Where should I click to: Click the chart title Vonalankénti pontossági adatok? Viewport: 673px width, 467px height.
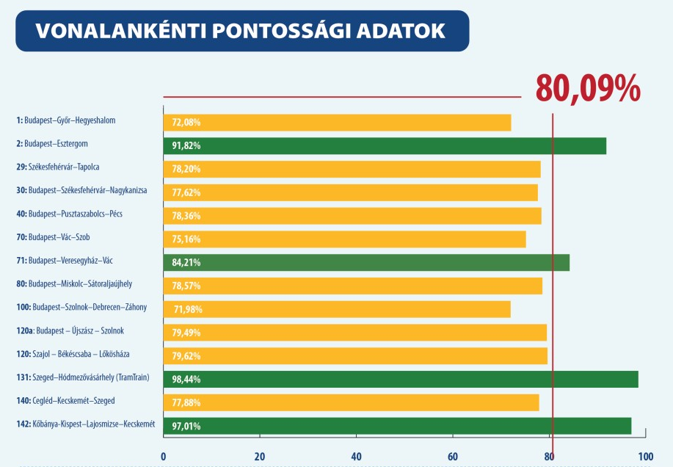[x=239, y=31]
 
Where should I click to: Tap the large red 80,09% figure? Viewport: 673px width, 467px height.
[x=588, y=88]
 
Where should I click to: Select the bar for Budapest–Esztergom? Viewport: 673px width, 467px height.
[x=385, y=145]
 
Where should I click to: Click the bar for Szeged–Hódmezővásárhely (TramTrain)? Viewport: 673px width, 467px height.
[x=400, y=379]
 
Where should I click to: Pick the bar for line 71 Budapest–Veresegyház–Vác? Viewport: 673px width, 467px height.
[x=365, y=262]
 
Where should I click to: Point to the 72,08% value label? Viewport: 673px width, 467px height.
[x=186, y=122]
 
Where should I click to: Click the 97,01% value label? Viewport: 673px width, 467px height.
[x=186, y=426]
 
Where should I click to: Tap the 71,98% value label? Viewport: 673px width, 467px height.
[x=187, y=309]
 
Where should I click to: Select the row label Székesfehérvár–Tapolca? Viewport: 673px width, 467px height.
[x=62, y=167]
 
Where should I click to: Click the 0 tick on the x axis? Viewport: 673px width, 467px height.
[x=163, y=456]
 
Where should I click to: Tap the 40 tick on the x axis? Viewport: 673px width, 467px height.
[x=356, y=456]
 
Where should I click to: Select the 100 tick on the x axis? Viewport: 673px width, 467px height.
[x=645, y=456]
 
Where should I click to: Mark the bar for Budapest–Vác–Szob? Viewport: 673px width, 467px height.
[x=344, y=239]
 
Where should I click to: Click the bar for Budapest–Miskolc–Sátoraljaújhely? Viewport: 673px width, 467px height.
[x=352, y=286]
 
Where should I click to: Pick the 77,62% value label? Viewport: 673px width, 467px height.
[x=186, y=192]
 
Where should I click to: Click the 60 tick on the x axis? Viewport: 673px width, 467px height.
[x=453, y=456]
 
